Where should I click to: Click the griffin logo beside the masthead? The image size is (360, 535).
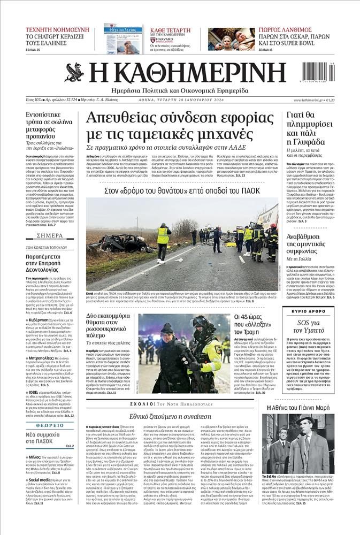coord(74,73)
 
